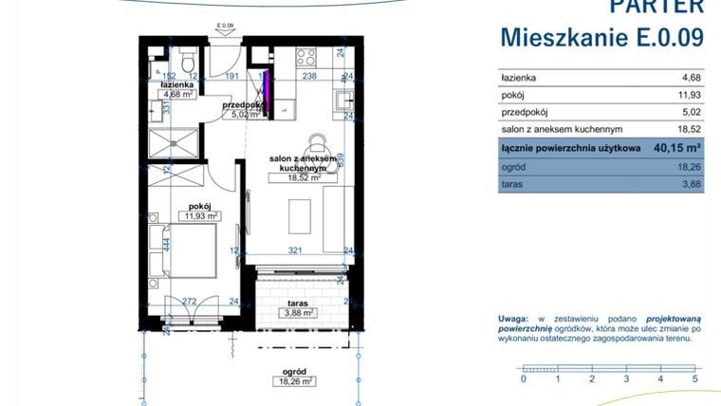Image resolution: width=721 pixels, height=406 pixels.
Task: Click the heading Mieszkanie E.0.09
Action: [601, 38]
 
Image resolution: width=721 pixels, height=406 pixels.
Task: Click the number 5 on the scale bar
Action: [695, 378]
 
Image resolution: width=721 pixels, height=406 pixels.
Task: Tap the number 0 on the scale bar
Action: [523, 378]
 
